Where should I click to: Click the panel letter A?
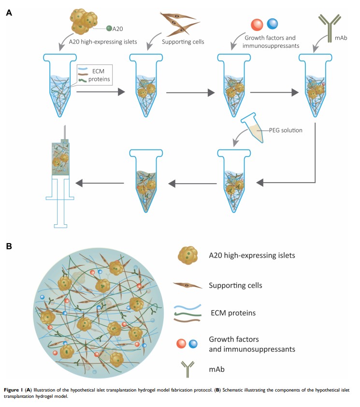(9, 12)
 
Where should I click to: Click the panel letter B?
(9, 247)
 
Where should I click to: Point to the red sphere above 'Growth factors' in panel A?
(257, 24)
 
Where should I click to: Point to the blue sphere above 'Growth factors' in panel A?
(273, 24)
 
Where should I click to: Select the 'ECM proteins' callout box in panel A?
(95, 75)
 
